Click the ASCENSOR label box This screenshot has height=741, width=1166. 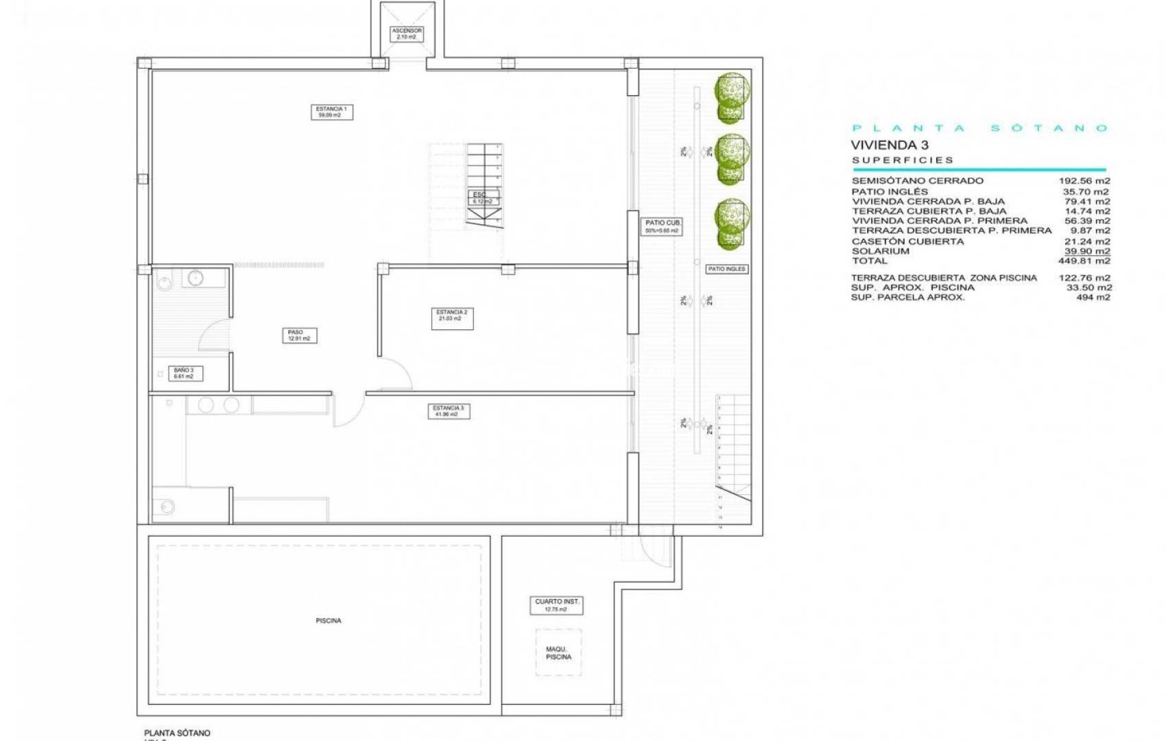tap(407, 34)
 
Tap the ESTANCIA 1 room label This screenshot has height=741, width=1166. tap(331, 112)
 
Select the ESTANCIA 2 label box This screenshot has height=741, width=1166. tap(452, 318)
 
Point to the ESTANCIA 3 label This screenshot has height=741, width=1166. tap(449, 411)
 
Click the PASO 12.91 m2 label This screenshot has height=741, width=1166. tap(300, 336)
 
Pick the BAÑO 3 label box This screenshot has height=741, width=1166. tap(185, 373)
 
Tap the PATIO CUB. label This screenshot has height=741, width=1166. tap(663, 226)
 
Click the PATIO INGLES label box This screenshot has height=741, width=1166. tap(726, 269)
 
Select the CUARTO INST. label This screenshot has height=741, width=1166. tap(558, 604)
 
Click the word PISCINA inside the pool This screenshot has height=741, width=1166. tap(329, 621)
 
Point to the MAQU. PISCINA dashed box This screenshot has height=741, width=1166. tap(558, 652)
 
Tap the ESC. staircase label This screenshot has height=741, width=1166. tap(482, 198)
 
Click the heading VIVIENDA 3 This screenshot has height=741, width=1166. tap(890, 145)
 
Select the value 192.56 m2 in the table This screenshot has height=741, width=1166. tap(1084, 181)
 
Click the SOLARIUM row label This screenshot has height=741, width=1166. tap(881, 251)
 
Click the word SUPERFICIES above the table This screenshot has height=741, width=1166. tap(903, 161)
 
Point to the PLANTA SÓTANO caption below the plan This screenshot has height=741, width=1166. tap(177, 733)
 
